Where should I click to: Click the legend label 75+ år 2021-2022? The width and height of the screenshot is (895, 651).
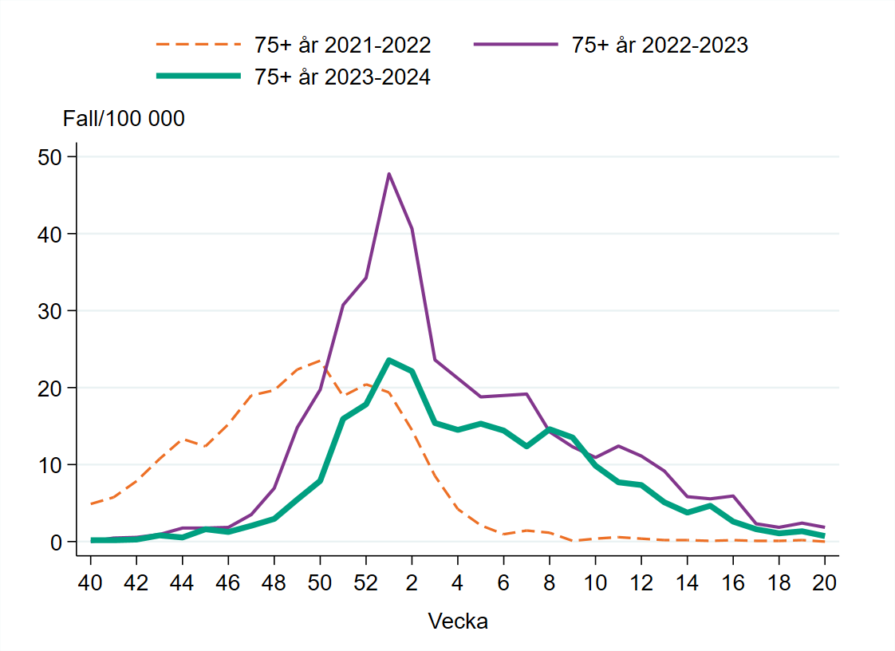(342, 45)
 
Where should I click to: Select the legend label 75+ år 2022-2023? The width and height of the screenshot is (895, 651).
(660, 45)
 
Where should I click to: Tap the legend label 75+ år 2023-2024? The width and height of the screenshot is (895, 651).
(342, 77)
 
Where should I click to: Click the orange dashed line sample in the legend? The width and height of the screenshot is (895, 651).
(198, 45)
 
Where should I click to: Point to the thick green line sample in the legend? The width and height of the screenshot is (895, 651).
(198, 76)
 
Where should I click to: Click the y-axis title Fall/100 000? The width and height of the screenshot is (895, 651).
(124, 119)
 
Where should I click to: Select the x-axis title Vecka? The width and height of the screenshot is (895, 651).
(458, 621)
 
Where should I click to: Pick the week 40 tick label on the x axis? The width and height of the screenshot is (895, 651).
(91, 582)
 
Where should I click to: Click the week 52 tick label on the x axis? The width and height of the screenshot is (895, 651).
(366, 582)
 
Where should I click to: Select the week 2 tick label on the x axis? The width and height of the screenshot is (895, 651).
(412, 582)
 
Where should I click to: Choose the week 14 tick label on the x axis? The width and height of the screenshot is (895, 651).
(687, 582)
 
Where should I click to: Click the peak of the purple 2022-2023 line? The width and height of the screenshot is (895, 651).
(388, 174)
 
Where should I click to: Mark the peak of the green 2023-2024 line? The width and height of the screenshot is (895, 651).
(388, 360)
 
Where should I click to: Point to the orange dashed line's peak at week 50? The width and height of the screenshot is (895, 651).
(320, 361)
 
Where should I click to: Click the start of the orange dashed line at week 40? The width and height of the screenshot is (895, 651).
(91, 504)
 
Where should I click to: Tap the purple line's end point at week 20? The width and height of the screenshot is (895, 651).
(824, 527)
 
